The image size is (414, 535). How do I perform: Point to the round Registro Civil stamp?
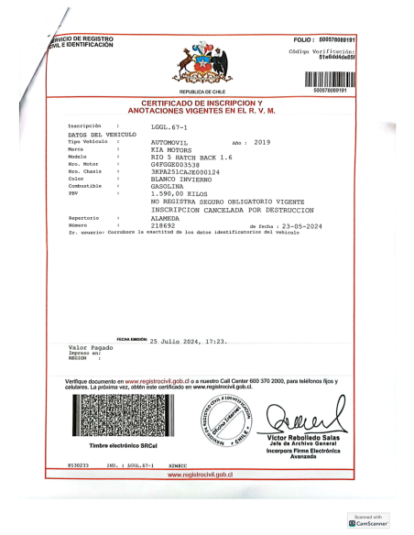[225, 420]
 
